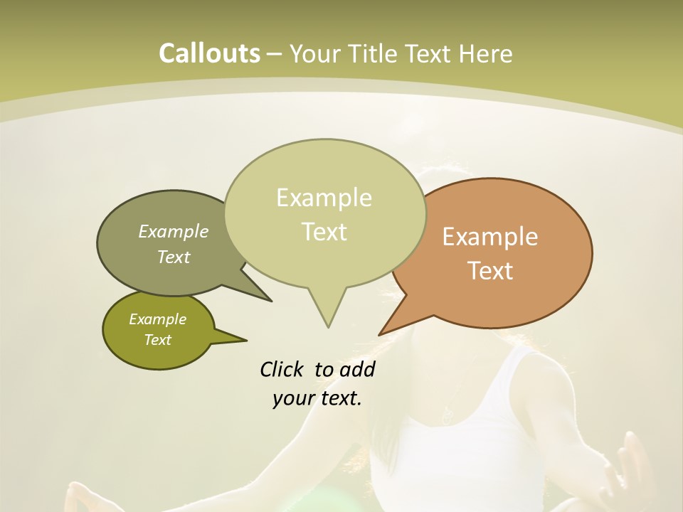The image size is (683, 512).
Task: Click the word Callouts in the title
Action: point(209,53)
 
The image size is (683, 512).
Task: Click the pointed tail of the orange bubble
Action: point(381,333)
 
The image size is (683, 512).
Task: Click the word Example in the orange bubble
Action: point(490,237)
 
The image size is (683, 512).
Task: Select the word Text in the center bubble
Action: point(324,232)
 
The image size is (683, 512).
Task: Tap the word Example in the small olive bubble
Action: point(157,319)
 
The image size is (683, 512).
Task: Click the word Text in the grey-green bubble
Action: point(174,257)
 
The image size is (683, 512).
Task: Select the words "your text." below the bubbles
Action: point(317,398)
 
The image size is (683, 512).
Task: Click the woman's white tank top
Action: point(462,441)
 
